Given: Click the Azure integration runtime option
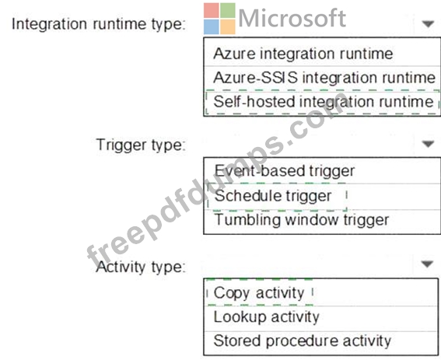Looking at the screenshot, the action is pyautogui.click(x=303, y=54).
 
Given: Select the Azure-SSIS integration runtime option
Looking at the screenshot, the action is pyautogui.click(x=324, y=77).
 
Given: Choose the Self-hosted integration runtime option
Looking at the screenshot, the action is pyautogui.click(x=324, y=102).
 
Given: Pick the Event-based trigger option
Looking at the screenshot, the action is pyautogui.click(x=285, y=171).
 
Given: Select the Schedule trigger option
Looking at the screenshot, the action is pyautogui.click(x=273, y=196).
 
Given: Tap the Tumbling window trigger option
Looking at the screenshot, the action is pyautogui.click(x=302, y=220).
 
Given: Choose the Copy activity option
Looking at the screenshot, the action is pyautogui.click(x=259, y=293).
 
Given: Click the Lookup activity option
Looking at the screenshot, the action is pyautogui.click(x=266, y=317).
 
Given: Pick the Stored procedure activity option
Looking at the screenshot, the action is pyautogui.click(x=302, y=341).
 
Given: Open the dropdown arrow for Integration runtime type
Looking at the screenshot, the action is pyautogui.click(x=428, y=24).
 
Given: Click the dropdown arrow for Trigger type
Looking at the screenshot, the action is pyautogui.click(x=428, y=144).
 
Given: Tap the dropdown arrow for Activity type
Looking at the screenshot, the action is pyautogui.click(x=428, y=264).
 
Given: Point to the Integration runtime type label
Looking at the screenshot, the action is pyautogui.click(x=99, y=24).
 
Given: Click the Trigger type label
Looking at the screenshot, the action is pyautogui.click(x=141, y=145).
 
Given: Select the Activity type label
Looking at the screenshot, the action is pyautogui.click(x=141, y=267).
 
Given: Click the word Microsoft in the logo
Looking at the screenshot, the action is pyautogui.click(x=292, y=19).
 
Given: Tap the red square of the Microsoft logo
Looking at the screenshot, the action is pyautogui.click(x=212, y=10).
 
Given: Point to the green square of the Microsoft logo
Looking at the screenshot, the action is pyautogui.click(x=228, y=10).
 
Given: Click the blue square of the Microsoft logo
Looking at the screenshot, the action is pyautogui.click(x=212, y=26).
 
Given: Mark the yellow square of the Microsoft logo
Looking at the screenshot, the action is pyautogui.click(x=228, y=26).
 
